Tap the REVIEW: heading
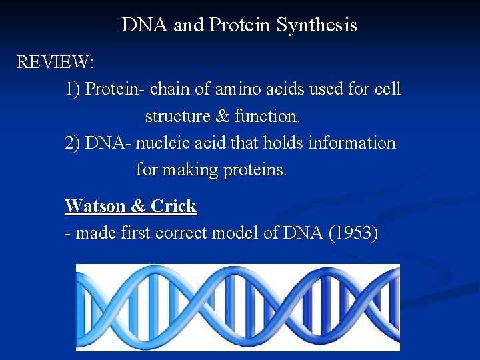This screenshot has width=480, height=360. click(x=55, y=63)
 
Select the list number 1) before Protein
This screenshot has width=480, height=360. click(x=73, y=89)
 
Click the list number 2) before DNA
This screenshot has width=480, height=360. click(x=73, y=143)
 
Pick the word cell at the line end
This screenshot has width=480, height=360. click(x=387, y=89)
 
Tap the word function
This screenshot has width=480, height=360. click(x=267, y=117)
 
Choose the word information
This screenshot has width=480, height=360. click(x=353, y=143)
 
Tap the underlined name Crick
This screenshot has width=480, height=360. click(x=173, y=206)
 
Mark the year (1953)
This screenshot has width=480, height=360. click(x=353, y=233)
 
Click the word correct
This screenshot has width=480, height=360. click(x=180, y=233)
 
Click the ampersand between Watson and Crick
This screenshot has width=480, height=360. click(x=138, y=206)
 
